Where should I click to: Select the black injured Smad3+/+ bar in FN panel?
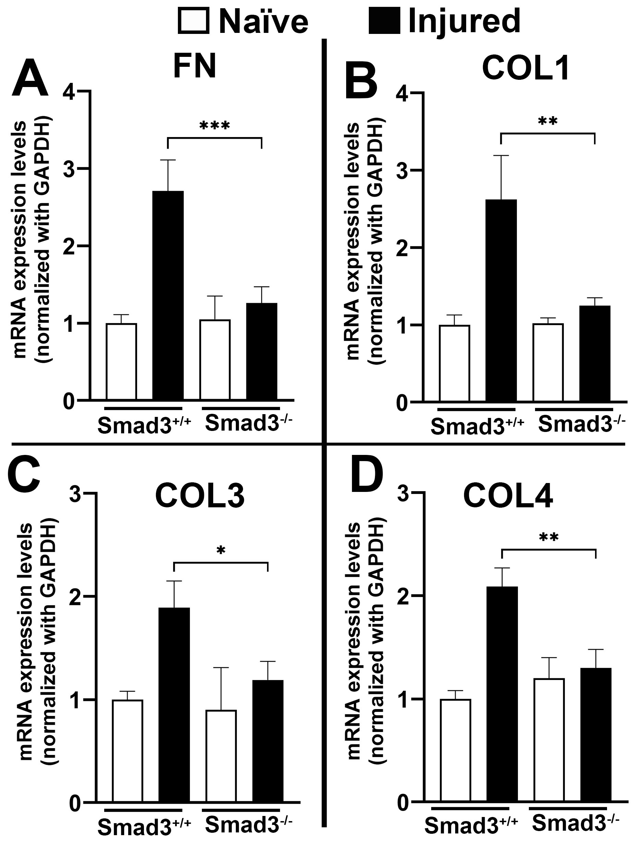point(168,295)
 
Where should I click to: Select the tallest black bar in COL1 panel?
point(501,301)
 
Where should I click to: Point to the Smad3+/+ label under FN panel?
point(144,425)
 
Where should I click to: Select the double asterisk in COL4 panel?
point(548,537)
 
